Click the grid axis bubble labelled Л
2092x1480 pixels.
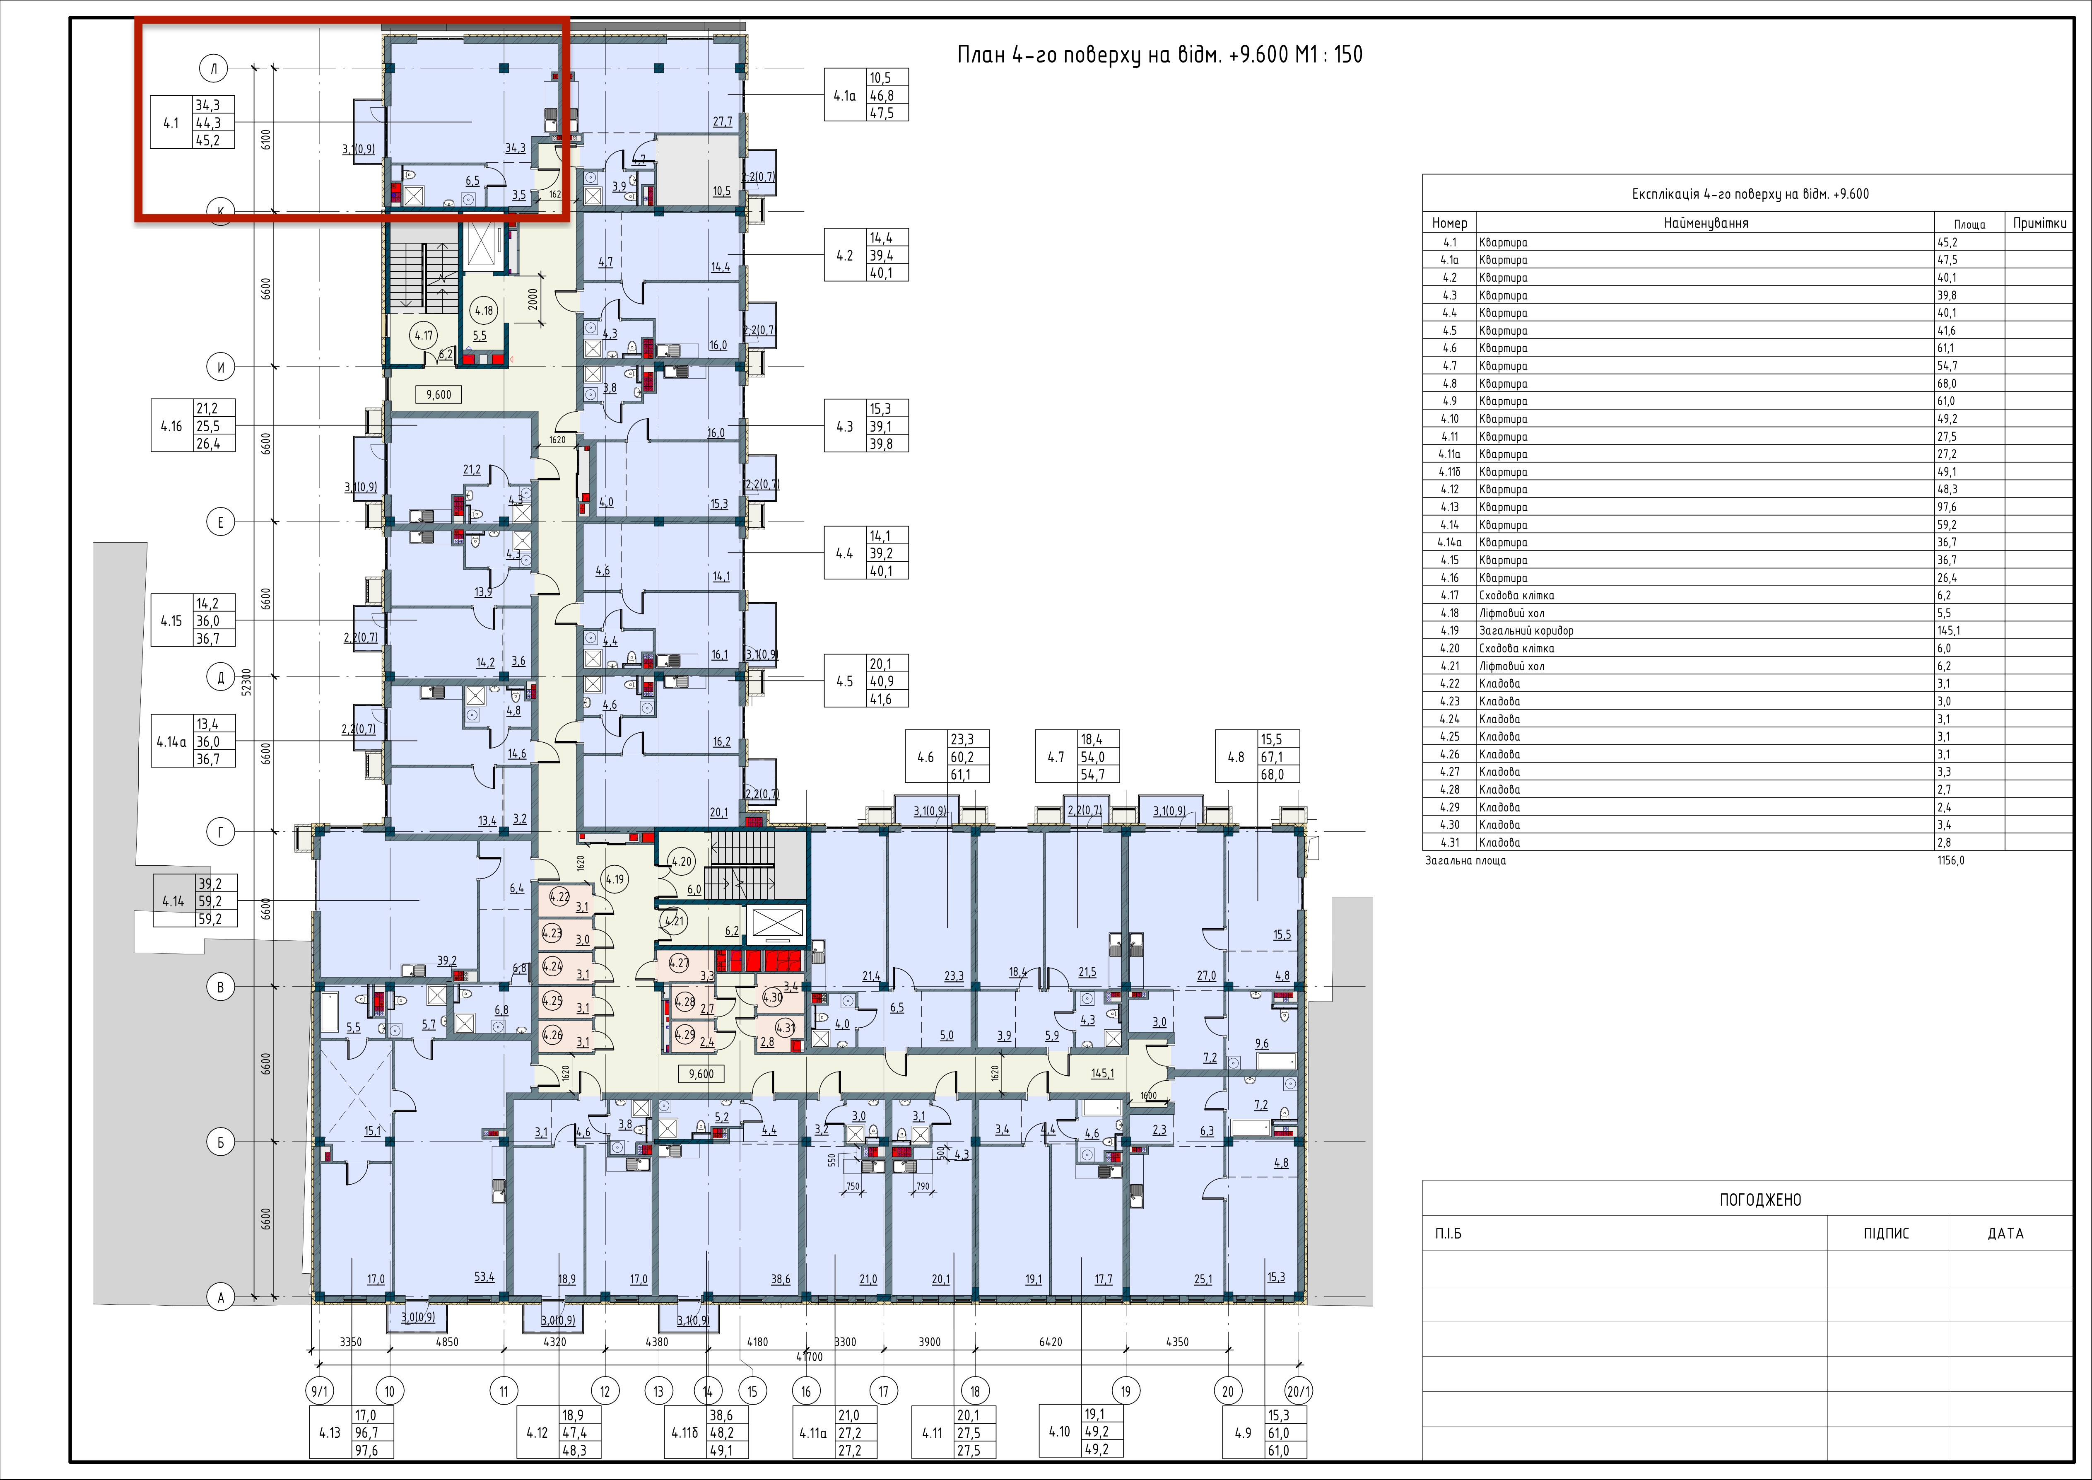point(214,68)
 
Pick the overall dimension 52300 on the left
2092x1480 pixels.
point(246,682)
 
